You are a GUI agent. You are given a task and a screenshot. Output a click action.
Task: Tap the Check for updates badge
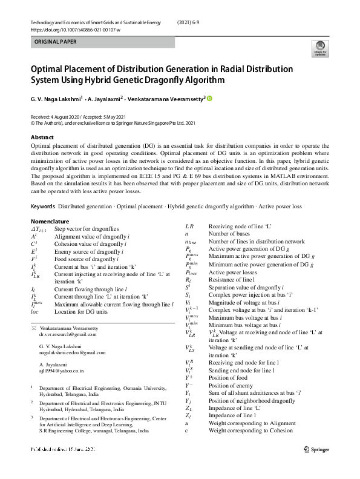[x=320, y=48]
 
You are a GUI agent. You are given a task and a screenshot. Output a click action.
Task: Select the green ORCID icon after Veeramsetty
[x=210, y=98]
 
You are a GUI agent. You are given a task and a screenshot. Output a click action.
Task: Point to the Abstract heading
[x=42, y=137]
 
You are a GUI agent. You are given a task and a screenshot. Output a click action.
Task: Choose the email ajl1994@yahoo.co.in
[x=61, y=369]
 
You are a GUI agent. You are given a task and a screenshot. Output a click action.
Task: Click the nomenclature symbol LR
[x=189, y=226]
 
